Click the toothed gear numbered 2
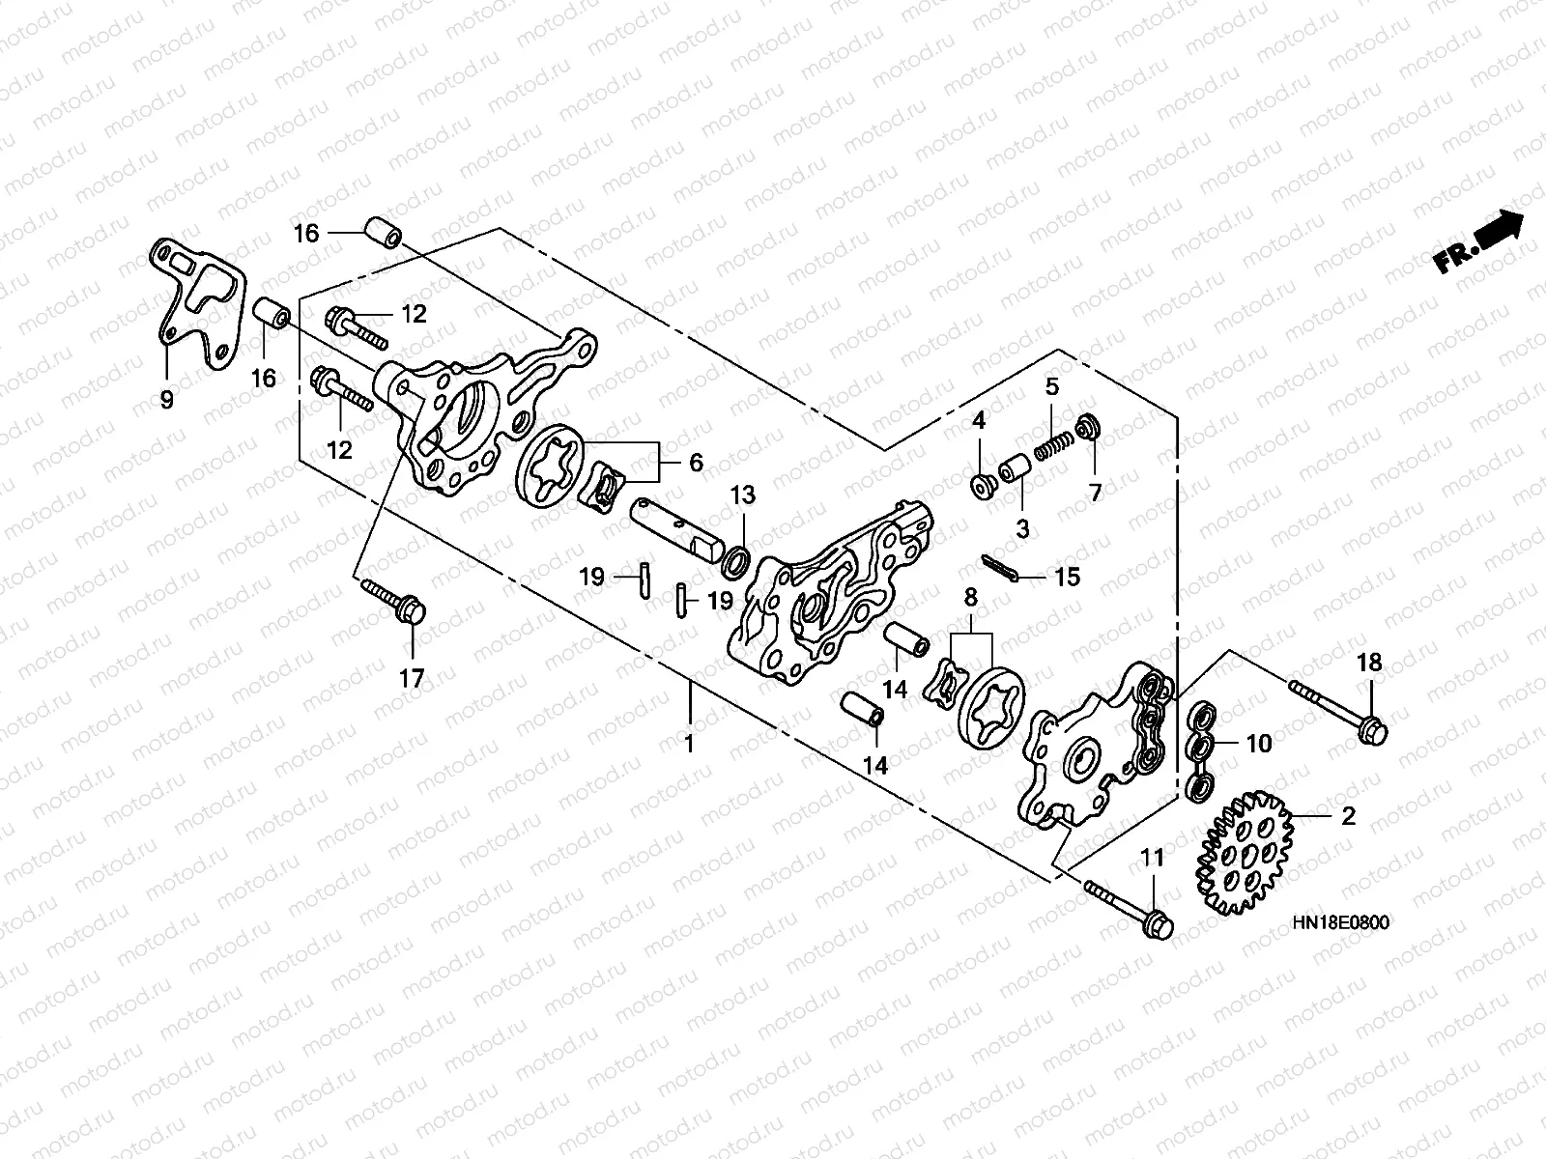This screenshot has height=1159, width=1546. click(x=1244, y=853)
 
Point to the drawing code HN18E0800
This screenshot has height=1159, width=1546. click(x=1340, y=923)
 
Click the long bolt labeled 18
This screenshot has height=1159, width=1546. click(x=1337, y=704)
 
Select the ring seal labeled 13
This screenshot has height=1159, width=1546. click(x=738, y=558)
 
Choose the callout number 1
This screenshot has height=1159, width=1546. click(x=689, y=744)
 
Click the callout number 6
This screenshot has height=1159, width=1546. click(x=696, y=463)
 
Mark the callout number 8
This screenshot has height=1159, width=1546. click(x=970, y=599)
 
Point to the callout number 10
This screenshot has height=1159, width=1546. click(x=1259, y=744)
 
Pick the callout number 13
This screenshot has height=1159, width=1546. click(x=742, y=495)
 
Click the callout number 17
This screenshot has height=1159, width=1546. click(x=412, y=679)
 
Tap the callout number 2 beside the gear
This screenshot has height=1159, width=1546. click(x=1347, y=816)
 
